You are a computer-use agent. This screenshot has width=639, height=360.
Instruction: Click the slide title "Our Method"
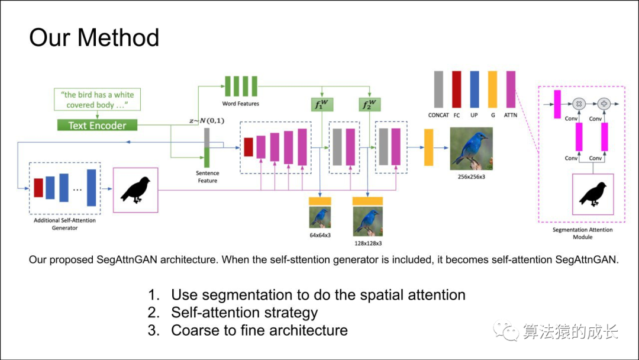94,37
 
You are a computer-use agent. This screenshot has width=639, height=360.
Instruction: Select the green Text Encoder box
97,125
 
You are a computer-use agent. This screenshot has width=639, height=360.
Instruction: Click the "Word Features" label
240,104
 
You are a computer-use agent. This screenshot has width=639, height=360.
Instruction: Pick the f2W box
369,105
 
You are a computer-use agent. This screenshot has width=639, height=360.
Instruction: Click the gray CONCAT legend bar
438,89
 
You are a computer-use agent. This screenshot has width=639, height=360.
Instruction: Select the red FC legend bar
456,89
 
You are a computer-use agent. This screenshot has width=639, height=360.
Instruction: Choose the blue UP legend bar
474,89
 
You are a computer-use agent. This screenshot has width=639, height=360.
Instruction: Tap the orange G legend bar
492,89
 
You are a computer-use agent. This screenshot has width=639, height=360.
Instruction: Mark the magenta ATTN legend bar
511,89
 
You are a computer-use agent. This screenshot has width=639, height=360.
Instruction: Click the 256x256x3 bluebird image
471,148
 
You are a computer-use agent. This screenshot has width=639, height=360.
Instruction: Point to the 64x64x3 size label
320,235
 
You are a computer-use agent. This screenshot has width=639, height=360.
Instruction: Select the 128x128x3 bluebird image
367,221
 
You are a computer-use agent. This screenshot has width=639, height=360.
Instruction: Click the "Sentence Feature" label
208,177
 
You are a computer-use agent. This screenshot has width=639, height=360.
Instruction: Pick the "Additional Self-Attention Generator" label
65,224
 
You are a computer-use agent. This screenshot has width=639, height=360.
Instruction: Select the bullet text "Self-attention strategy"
244,312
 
